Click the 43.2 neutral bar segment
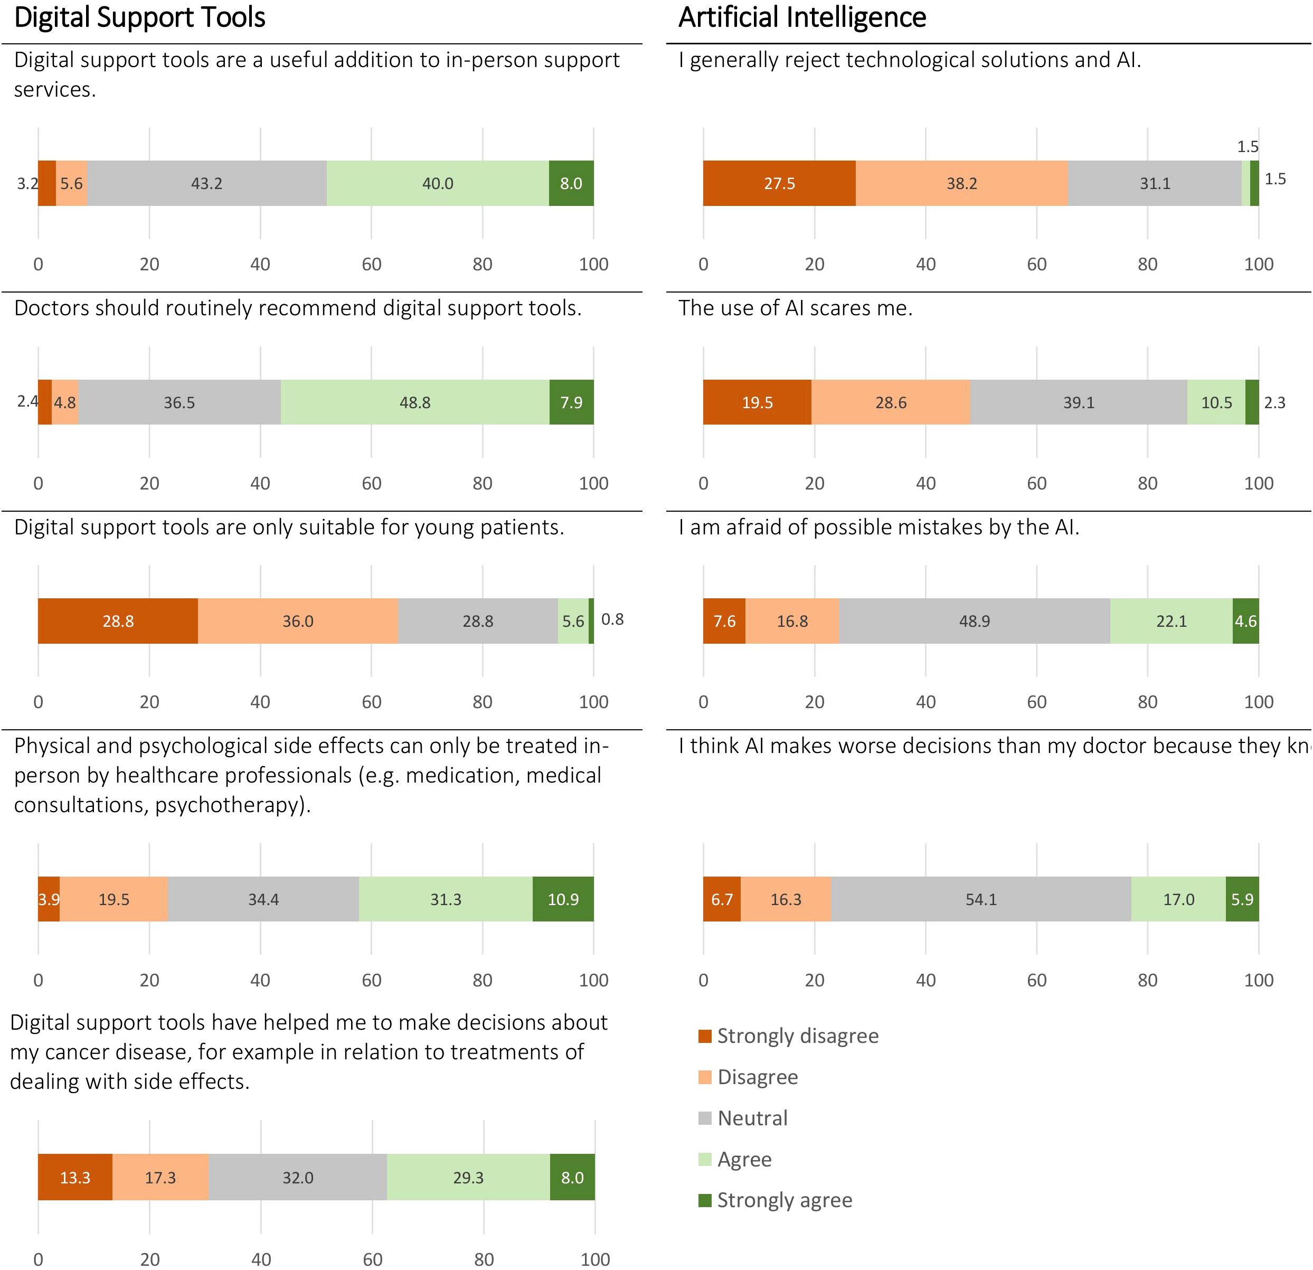point(206,183)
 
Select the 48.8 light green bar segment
point(414,402)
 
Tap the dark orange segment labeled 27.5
point(779,183)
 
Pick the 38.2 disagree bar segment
point(961,183)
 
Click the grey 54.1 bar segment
point(981,899)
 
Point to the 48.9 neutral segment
point(974,620)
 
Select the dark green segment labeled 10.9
point(563,899)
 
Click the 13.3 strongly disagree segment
point(75,1177)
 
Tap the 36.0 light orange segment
point(297,620)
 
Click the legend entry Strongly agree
point(784,1200)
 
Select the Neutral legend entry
point(752,1118)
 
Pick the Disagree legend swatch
point(705,1077)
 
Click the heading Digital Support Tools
point(139,17)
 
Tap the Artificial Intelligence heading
point(802,17)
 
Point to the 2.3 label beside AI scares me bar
point(1274,402)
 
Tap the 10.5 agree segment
point(1216,402)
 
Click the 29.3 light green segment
point(468,1177)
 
